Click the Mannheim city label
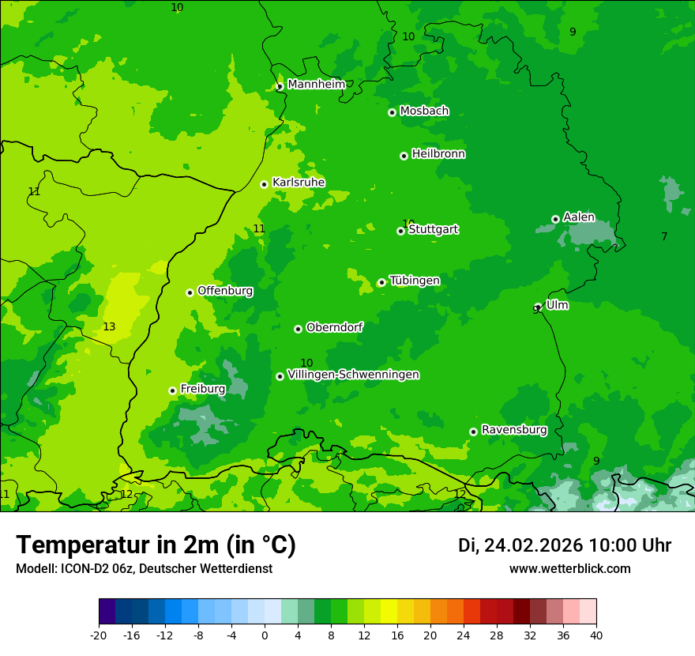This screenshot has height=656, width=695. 316,85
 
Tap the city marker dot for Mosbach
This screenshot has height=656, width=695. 392,112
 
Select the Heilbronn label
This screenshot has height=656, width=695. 438,154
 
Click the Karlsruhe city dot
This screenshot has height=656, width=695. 264,184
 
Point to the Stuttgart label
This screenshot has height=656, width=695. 433,230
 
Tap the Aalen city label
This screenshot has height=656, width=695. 579,217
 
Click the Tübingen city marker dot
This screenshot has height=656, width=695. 381,282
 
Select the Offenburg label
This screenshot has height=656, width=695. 225,291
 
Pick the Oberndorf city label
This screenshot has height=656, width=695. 334,327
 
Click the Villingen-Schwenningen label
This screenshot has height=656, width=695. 353,375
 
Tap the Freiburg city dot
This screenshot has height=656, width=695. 172,390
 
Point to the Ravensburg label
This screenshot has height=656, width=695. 514,430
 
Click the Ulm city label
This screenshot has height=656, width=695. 557,305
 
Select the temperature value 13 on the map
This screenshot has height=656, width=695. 109,326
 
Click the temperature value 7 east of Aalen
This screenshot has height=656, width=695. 664,236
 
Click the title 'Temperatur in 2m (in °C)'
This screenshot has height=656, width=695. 156,545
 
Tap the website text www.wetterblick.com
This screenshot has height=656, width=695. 569,569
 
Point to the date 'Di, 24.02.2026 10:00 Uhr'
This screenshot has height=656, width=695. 564,545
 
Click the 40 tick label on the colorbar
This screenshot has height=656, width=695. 596,635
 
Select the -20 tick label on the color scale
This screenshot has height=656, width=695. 99,635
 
